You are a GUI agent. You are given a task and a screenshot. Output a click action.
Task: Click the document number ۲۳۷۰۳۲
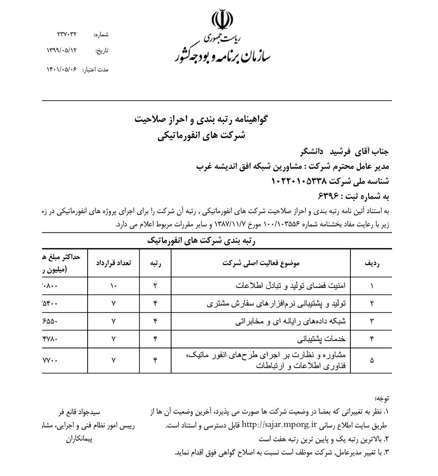point(67,34)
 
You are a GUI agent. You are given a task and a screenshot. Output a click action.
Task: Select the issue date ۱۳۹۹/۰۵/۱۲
point(61,50)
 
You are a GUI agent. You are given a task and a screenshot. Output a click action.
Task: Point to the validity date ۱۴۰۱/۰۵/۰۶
point(61,69)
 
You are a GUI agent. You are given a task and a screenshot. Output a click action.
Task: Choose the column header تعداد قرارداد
point(114,263)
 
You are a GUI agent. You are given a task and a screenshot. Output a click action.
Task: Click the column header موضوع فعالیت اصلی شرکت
point(261,263)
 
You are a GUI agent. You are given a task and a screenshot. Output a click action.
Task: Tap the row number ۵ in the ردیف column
point(372,360)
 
